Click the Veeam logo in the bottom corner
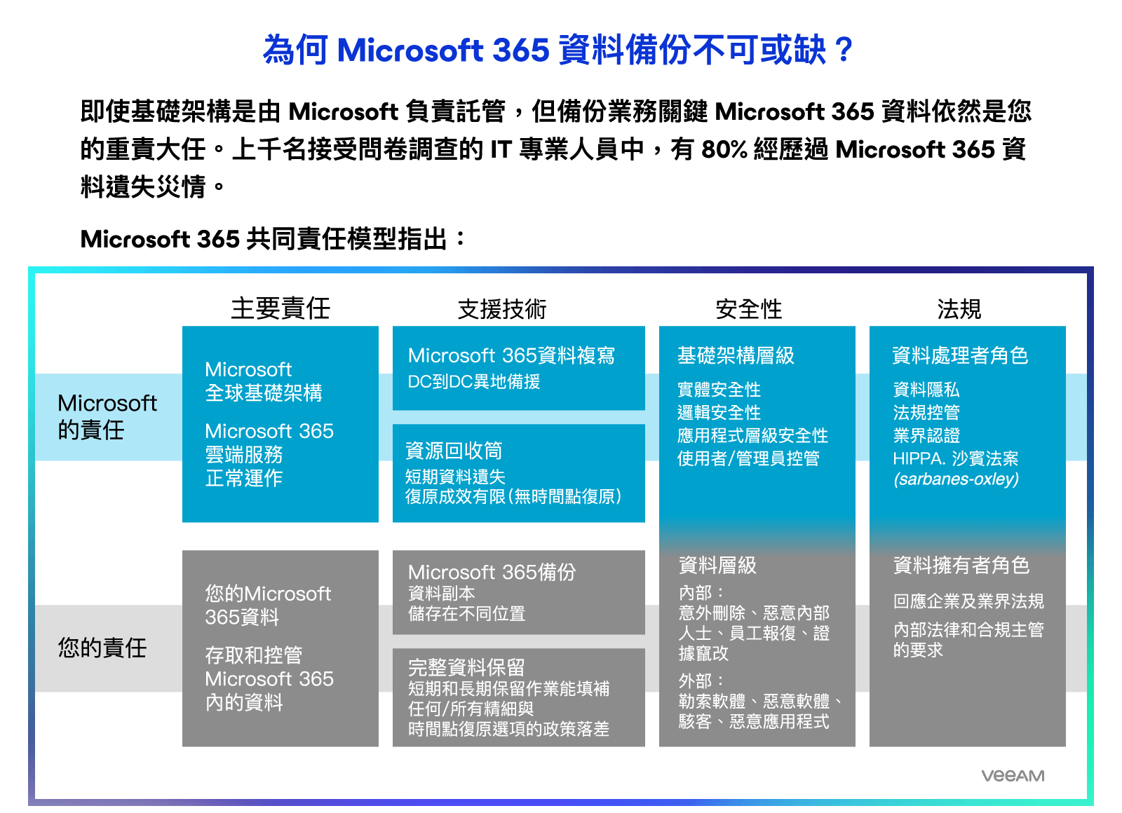(1013, 775)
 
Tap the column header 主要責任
(280, 308)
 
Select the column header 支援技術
(502, 309)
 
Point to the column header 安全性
(748, 309)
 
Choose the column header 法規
(959, 309)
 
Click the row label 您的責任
(102, 648)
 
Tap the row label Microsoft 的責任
(107, 416)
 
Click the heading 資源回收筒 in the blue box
(454, 451)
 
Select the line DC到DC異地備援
(474, 381)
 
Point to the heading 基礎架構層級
(736, 355)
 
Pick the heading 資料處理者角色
(960, 355)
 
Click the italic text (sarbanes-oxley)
(957, 479)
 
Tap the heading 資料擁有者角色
(961, 565)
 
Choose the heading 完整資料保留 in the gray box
(466, 667)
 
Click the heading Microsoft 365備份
(492, 572)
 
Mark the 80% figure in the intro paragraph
(724, 149)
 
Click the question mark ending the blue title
(844, 50)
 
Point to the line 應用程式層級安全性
(752, 435)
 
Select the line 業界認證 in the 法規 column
(926, 435)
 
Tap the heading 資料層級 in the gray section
(717, 565)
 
